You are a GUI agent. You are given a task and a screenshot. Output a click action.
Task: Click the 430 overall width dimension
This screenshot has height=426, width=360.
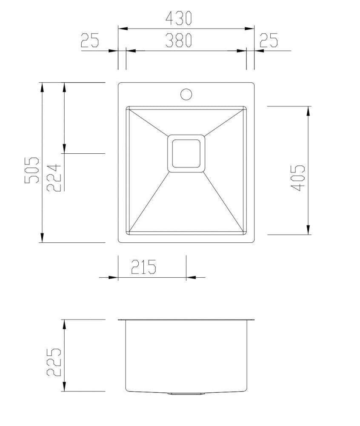click(x=179, y=18)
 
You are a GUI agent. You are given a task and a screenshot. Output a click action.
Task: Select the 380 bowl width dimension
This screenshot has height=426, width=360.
click(x=179, y=40)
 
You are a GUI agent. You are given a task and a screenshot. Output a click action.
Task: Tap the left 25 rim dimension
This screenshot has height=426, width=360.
click(x=90, y=40)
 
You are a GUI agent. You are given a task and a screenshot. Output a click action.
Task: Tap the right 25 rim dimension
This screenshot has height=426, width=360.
click(x=269, y=40)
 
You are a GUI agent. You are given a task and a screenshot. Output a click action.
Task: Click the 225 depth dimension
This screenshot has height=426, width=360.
click(x=54, y=362)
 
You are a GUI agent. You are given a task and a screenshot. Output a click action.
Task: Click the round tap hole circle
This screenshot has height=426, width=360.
click(x=186, y=94)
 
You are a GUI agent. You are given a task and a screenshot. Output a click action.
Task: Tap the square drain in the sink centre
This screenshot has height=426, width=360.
click(x=186, y=153)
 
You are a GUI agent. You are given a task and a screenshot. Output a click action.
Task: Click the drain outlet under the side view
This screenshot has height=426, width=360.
click(x=186, y=393)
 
